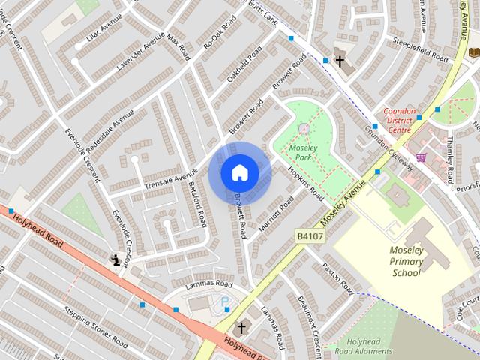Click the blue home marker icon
point(239,172)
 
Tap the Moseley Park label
point(303,153)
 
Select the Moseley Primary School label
point(406,261)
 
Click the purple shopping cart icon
point(421,157)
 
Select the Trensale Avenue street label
point(171,181)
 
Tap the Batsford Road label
point(199,204)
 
